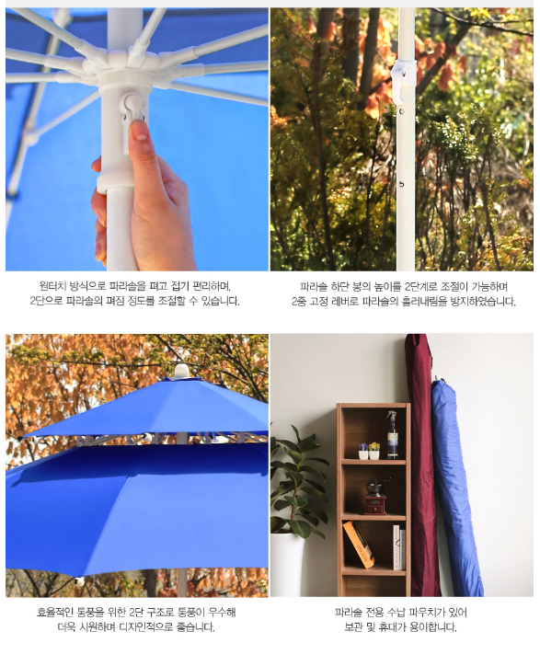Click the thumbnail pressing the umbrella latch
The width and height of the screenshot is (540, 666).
tap(139, 130)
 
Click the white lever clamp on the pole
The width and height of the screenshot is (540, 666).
tap(403, 81)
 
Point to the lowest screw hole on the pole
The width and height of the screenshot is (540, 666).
tap(401, 184)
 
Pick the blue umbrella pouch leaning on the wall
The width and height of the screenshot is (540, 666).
tap(454, 488)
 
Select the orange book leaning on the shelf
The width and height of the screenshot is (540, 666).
tap(359, 545)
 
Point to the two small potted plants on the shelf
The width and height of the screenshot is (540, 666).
tap(368, 451)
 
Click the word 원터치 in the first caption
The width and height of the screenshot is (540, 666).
tap(52, 286)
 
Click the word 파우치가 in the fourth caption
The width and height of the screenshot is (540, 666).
tap(426, 613)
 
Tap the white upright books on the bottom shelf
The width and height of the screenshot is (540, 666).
tap(398, 547)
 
